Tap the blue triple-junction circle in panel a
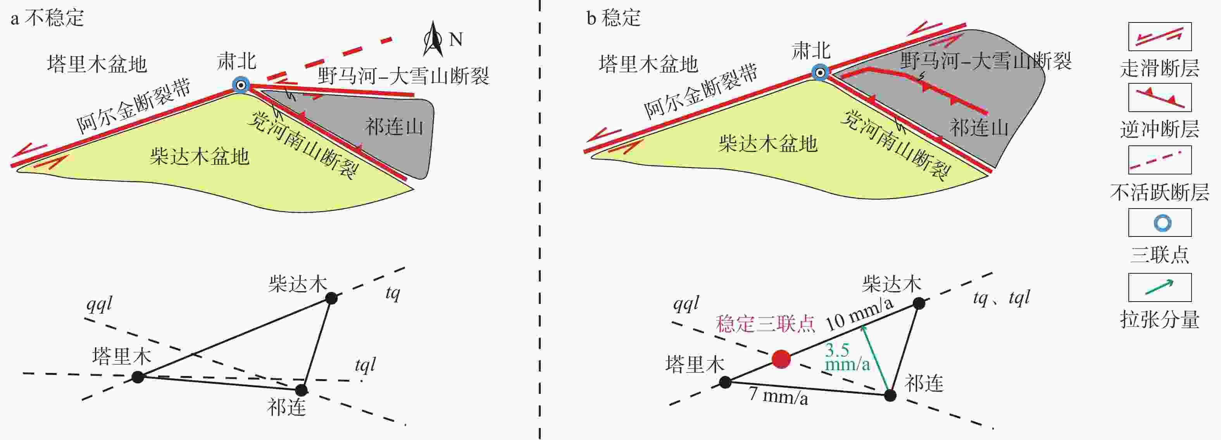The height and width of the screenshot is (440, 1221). (x=241, y=86)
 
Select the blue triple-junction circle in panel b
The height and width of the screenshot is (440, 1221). (x=820, y=72)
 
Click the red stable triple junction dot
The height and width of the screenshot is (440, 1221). (x=781, y=359)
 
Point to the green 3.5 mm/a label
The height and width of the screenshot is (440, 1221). (x=847, y=357)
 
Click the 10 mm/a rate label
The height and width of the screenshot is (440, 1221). (x=859, y=315)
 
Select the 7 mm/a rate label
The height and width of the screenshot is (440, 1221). (x=778, y=395)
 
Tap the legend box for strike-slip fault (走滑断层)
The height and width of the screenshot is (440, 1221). (x=1159, y=36)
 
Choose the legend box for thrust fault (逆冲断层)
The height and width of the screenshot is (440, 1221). (x=1159, y=98)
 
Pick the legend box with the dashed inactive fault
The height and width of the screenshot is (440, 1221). (x=1159, y=160)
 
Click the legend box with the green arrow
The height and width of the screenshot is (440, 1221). (x=1159, y=287)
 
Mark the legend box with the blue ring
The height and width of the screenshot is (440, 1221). (x=1159, y=223)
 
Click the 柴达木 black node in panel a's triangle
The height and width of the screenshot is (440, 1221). (x=331, y=298)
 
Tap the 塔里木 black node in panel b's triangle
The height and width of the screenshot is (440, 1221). (x=725, y=382)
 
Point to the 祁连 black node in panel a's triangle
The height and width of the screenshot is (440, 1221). (x=302, y=390)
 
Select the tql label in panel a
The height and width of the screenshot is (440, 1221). (x=365, y=365)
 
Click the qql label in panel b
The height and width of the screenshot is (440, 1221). (x=686, y=303)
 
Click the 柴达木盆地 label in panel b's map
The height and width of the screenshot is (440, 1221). (x=768, y=143)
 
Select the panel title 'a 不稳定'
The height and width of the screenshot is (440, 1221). (x=47, y=18)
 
